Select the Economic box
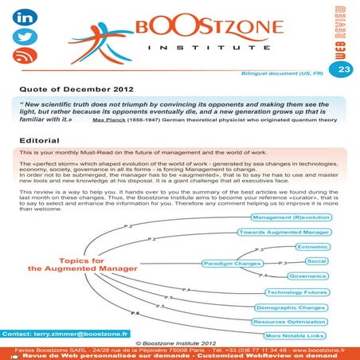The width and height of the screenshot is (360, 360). click(311, 247)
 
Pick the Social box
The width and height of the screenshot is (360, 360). click(316, 261)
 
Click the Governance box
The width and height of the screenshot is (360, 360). click(308, 276)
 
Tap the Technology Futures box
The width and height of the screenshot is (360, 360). click(295, 292)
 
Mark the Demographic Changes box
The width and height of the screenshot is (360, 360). click(292, 307)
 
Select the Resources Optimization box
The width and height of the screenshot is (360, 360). click(290, 322)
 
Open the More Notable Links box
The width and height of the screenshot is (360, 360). click(295, 336)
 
